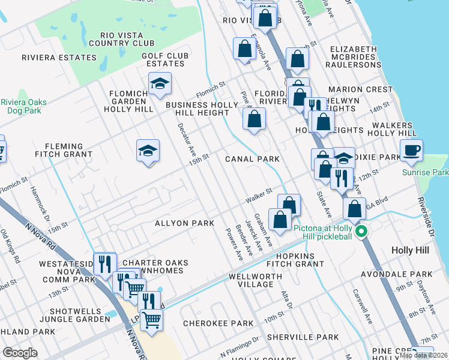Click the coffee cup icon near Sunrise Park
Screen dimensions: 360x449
pyautogui.click(x=411, y=151)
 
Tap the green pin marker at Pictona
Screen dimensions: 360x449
pyautogui.click(x=361, y=231)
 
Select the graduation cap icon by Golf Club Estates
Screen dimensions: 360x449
pyautogui.click(x=160, y=84)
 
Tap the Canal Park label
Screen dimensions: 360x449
pyautogui.click(x=252, y=159)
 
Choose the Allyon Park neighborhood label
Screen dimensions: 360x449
pyautogui.click(x=184, y=223)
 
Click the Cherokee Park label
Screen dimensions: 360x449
pyautogui.click(x=218, y=323)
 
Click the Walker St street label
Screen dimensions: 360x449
pyautogui.click(x=259, y=196)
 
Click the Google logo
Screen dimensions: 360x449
pyautogui.click(x=20, y=353)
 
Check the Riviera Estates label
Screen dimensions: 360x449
pyautogui.click(x=59, y=58)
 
